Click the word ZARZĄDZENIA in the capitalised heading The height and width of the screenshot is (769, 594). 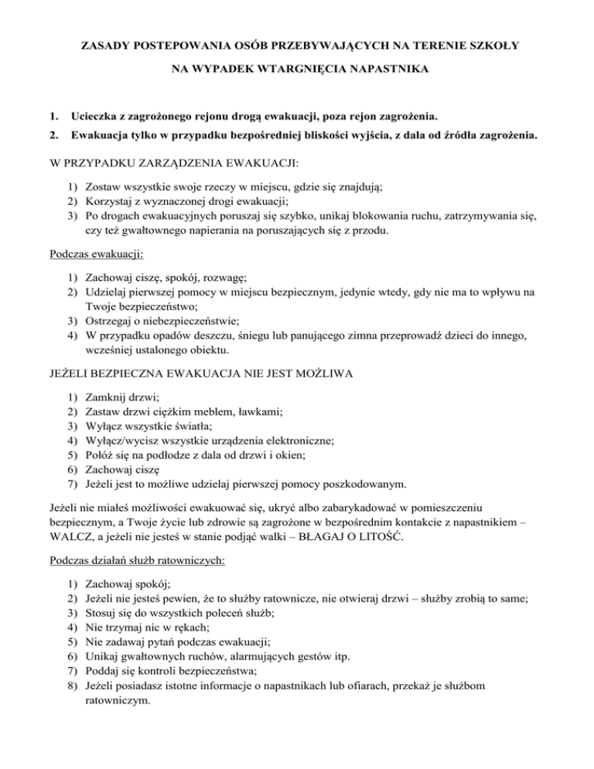point(174,166)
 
